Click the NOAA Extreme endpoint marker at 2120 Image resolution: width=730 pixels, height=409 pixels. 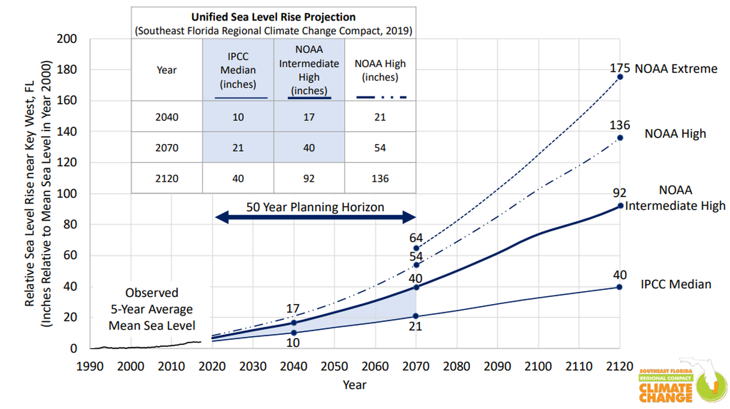(620, 77)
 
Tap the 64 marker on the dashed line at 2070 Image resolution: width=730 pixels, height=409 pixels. (416, 248)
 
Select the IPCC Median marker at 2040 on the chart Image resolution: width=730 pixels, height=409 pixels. (293, 333)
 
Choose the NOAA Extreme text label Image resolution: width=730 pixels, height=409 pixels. (676, 68)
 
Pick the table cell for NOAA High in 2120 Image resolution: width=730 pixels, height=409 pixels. (380, 179)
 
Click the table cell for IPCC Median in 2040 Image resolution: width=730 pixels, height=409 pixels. (238, 117)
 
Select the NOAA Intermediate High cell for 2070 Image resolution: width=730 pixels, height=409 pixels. (309, 148)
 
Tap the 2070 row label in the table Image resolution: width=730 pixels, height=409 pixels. (166, 148)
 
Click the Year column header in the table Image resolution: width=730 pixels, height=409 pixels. (166, 70)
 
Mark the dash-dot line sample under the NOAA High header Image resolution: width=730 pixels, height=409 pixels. (380, 98)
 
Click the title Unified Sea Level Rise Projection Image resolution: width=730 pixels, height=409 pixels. (273, 17)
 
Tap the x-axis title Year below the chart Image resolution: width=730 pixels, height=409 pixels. (354, 384)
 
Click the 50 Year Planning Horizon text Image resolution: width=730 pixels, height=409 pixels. (315, 207)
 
